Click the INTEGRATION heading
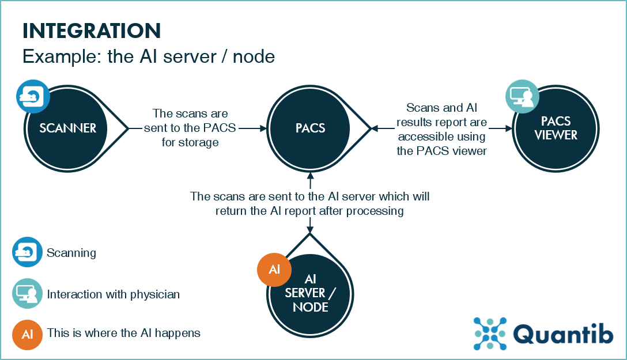(91, 30)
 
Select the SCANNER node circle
(68, 128)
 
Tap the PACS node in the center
(310, 128)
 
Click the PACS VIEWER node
(556, 128)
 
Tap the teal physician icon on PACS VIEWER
(522, 96)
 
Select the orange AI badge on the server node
(274, 270)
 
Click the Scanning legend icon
(27, 252)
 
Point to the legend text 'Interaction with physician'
(114, 294)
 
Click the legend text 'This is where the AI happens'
(123, 333)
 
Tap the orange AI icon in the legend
(27, 334)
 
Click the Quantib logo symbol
(489, 334)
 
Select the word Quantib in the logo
(562, 334)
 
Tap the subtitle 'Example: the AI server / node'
(148, 57)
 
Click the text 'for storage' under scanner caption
(190, 142)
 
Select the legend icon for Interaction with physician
(27, 293)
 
